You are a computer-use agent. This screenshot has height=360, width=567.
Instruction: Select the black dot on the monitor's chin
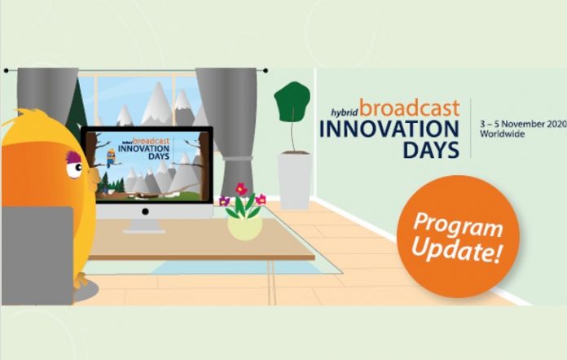point(147,210)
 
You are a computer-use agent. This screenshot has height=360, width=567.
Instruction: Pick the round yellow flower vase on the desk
point(244,227)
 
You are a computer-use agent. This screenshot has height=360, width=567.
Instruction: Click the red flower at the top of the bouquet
point(242,189)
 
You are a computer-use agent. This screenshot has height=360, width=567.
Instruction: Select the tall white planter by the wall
point(293,180)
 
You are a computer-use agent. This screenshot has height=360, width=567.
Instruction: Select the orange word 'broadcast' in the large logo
point(409,109)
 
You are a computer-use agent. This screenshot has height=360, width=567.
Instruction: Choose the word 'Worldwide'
point(499,133)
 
